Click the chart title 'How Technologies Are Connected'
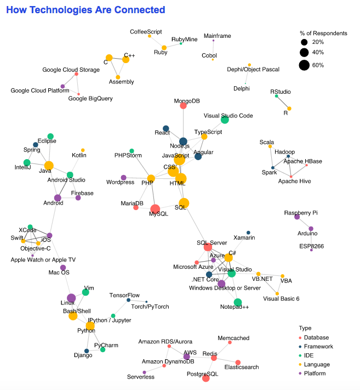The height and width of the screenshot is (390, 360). [x=85, y=10]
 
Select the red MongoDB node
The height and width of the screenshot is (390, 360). [x=183, y=105]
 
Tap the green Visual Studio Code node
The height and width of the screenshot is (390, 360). [x=225, y=120]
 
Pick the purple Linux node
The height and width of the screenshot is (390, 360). [x=71, y=298]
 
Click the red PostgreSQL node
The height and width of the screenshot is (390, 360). [x=206, y=378]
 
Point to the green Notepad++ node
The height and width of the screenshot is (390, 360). [x=238, y=302]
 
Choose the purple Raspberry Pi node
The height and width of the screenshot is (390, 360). [x=297, y=217]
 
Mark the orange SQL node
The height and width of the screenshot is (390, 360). [x=184, y=203]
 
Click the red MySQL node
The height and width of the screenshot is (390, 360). [x=155, y=208]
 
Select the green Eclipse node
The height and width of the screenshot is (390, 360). [x=50, y=136]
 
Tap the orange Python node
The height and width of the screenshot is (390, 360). [x=90, y=326]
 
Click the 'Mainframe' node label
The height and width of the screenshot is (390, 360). [x=217, y=36]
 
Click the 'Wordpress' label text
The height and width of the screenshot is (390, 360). [x=120, y=182]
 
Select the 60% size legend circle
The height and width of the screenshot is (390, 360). [x=304, y=65]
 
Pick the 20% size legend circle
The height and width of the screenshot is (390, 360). [x=304, y=42]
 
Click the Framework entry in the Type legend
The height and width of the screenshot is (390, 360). [x=320, y=347]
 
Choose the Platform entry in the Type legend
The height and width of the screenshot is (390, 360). [x=318, y=374]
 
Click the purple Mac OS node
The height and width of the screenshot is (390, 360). [x=63, y=268]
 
